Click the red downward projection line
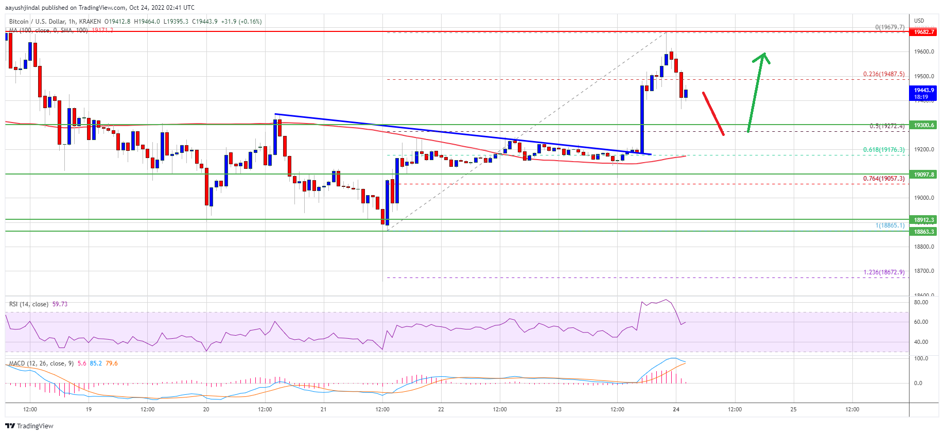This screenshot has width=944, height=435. pos(713,114)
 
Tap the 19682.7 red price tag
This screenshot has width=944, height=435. pos(923,32)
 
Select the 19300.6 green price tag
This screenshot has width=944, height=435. pos(923,125)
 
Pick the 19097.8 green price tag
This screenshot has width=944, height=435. pos(923,175)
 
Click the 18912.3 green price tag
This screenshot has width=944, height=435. pos(923,220)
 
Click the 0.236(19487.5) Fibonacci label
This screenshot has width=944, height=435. pos(883,74)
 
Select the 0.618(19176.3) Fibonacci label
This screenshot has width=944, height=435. pos(883,150)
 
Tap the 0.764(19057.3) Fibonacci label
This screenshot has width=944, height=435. pos(883,179)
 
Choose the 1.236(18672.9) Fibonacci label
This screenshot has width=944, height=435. pos(883,272)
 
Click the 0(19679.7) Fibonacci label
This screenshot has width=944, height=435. pos(889,27)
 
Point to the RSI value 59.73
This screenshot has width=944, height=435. pos(60,304)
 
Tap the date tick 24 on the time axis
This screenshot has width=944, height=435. pos(676,410)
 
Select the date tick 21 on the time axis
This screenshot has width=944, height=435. pos(323,410)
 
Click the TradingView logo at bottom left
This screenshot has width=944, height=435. pos(29,426)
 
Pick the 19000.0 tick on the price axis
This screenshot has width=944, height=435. pos(923,198)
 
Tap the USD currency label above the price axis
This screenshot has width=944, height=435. pos(919,21)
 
